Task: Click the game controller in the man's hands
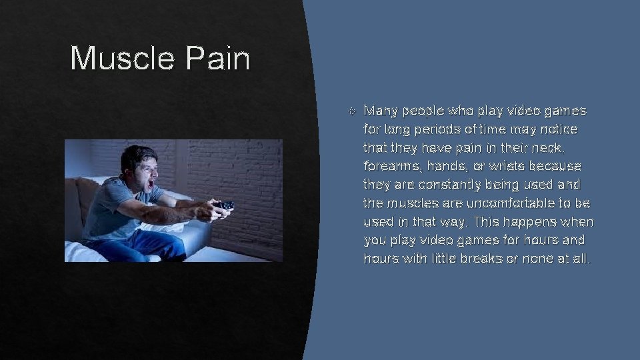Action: click(223, 205)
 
